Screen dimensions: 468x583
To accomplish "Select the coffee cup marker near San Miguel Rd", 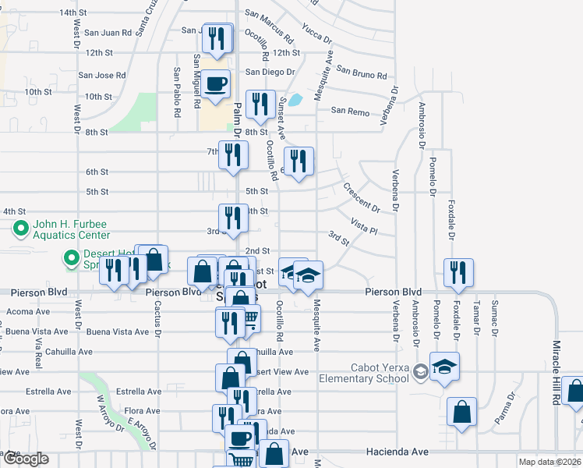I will (x=218, y=85).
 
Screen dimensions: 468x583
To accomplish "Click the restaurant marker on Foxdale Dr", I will (x=458, y=271).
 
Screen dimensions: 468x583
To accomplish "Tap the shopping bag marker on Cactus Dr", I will (x=154, y=260).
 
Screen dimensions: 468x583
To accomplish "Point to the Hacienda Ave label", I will (x=397, y=452).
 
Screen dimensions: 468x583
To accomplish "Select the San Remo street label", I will (x=350, y=111).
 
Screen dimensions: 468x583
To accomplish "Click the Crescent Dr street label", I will (x=360, y=198).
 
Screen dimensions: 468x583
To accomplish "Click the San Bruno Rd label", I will (x=361, y=73).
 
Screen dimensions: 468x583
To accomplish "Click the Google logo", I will (x=25, y=459).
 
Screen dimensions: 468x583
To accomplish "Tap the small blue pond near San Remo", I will (x=295, y=100).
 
